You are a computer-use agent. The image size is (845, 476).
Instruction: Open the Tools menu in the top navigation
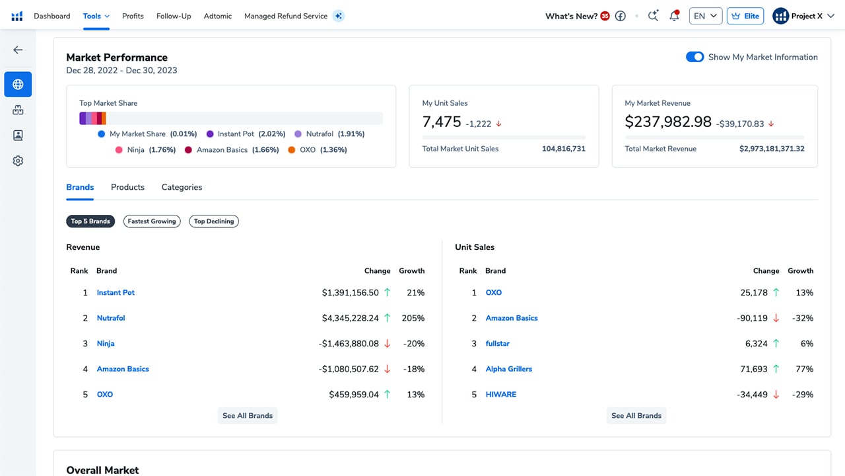(96, 16)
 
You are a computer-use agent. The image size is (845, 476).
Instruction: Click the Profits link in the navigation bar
(133, 16)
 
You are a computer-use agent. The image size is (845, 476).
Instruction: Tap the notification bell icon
(674, 15)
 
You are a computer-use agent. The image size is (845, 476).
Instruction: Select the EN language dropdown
(706, 16)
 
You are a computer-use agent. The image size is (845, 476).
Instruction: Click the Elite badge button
(745, 16)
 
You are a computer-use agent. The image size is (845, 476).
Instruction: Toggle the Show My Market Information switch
(694, 57)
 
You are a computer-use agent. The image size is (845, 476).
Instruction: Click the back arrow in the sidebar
(18, 50)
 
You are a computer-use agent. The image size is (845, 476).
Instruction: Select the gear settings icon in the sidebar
(18, 161)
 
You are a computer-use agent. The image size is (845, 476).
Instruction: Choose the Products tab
(127, 187)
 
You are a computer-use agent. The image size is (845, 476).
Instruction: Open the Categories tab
(182, 187)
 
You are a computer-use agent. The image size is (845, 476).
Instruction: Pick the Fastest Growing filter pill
(152, 221)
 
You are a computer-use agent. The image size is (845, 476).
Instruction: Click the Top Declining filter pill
(214, 221)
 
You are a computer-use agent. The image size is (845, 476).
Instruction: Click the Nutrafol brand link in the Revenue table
(111, 318)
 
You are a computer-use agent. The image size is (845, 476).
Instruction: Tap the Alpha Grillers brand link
(508, 369)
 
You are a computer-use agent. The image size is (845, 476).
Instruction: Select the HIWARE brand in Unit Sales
(500, 395)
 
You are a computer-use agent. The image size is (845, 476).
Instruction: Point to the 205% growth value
(413, 318)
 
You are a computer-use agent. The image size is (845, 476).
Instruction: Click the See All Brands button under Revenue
(248, 416)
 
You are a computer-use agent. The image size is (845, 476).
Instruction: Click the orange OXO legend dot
(292, 150)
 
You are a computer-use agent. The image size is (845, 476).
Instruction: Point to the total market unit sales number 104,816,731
(564, 149)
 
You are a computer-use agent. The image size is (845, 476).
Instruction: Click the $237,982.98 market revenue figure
(668, 122)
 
